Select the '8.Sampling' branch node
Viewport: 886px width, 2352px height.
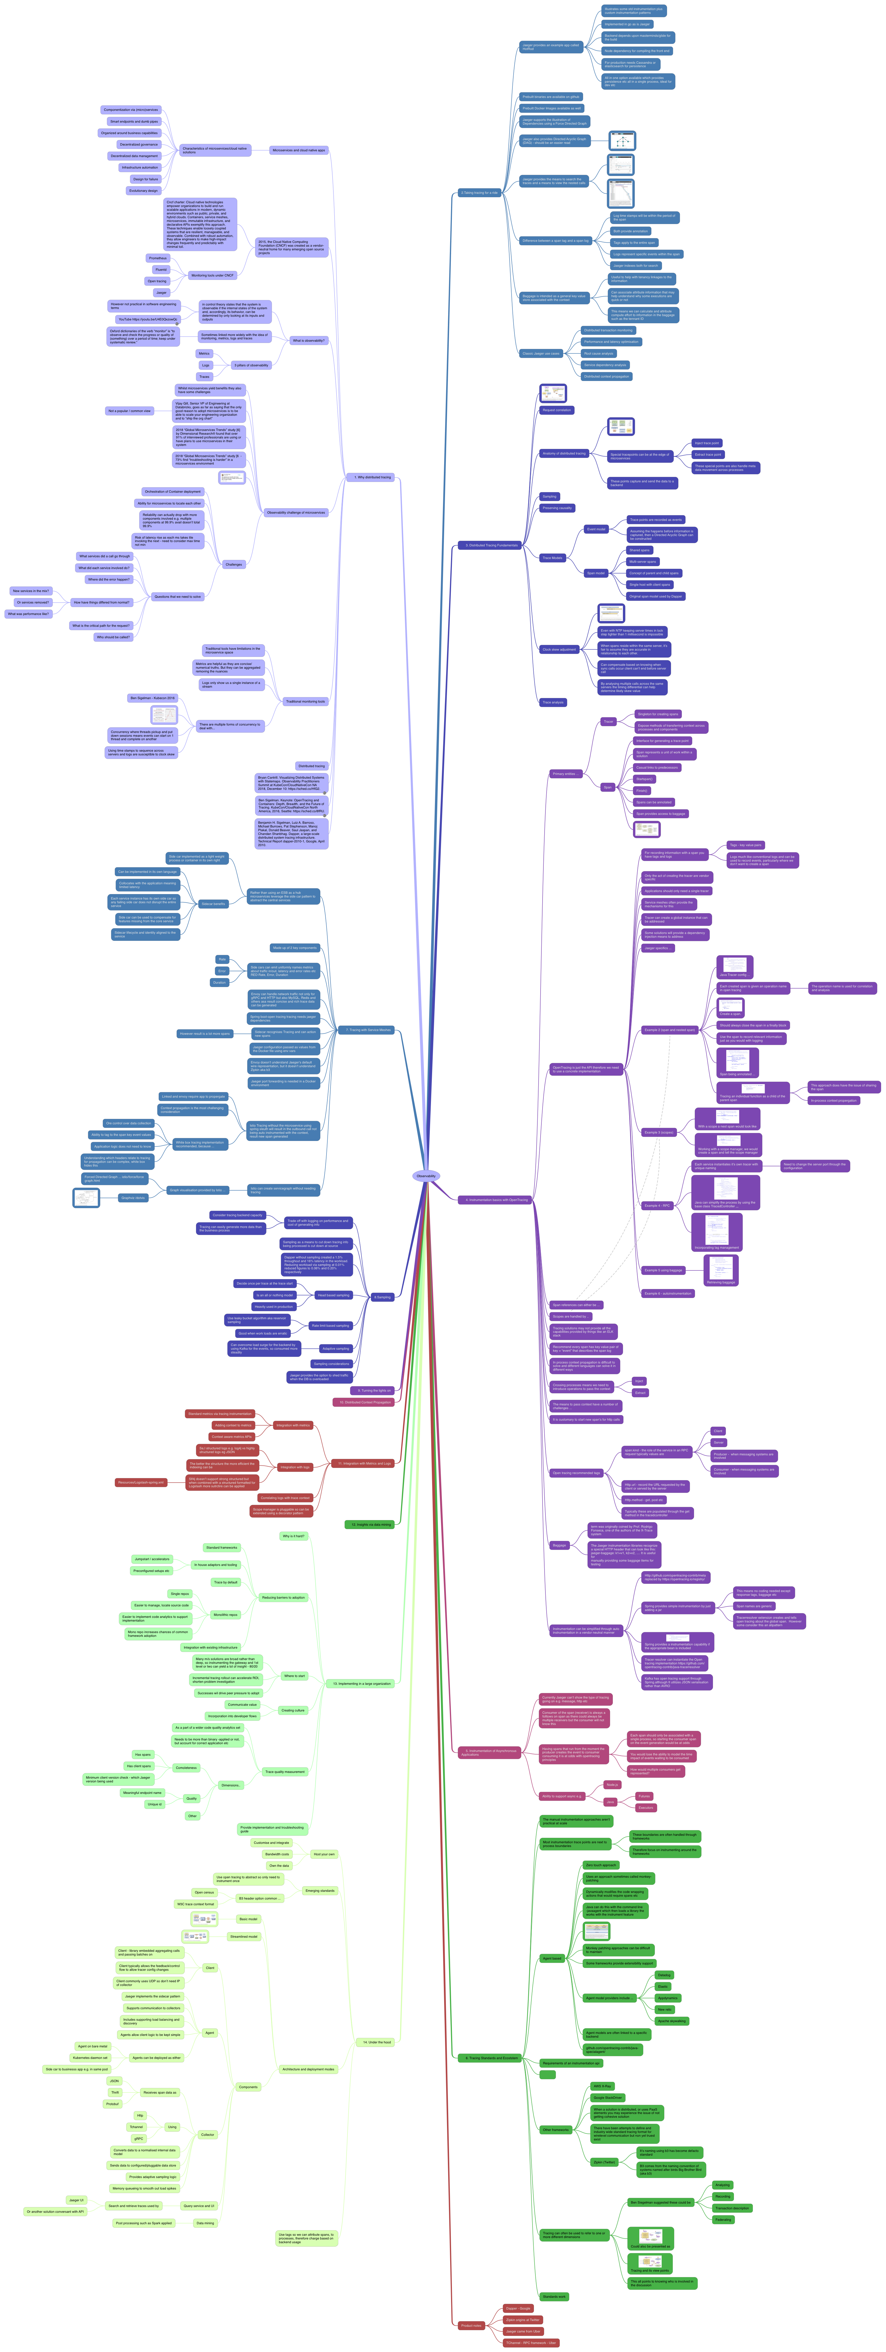point(382,1297)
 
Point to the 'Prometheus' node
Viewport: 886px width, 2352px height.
point(158,258)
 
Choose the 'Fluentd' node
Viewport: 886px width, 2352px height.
point(161,269)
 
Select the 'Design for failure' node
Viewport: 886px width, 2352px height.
point(145,179)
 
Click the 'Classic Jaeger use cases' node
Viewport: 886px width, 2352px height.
point(541,353)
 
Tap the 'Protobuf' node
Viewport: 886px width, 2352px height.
point(112,2104)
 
